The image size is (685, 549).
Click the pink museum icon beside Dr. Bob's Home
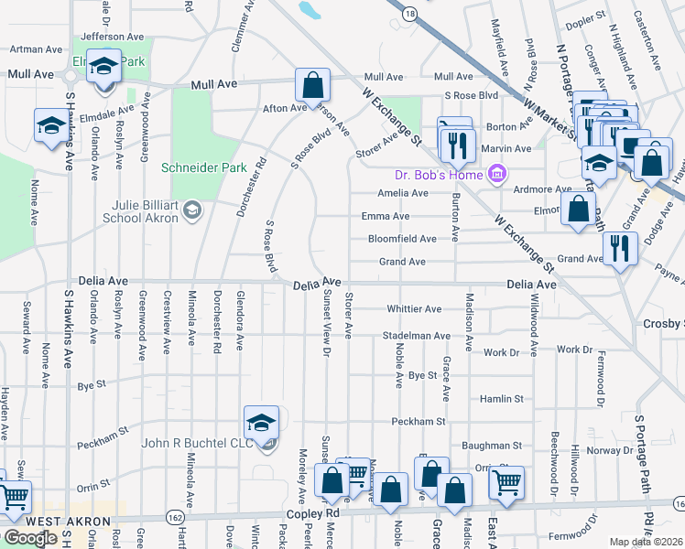pyautogui.click(x=497, y=173)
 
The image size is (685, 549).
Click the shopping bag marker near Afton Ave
pyautogui.click(x=312, y=85)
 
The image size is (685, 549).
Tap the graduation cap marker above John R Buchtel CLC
pyautogui.click(x=261, y=423)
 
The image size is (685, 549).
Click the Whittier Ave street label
pyautogui.click(x=414, y=309)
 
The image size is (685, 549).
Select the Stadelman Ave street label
pyautogui.click(x=417, y=336)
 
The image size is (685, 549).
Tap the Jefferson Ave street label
pyautogui.click(x=113, y=37)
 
